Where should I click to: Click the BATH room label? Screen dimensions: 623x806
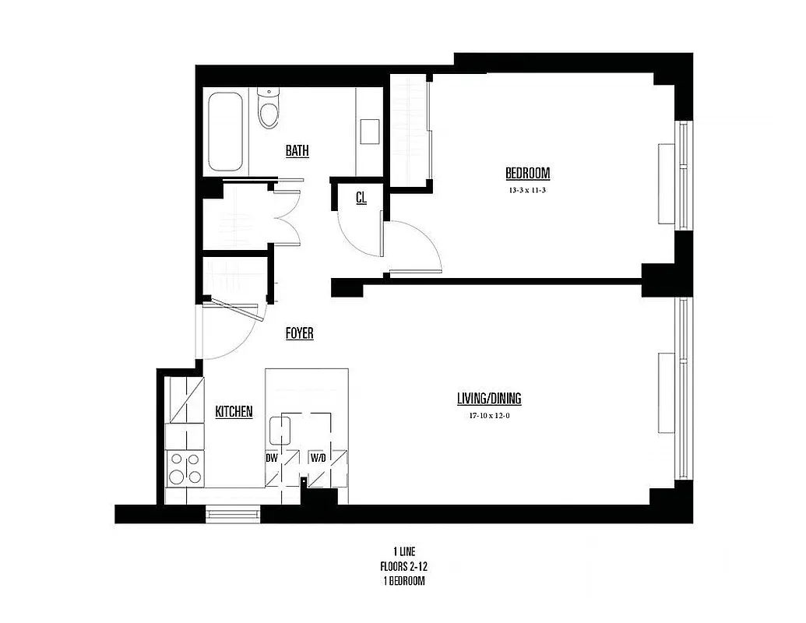297,150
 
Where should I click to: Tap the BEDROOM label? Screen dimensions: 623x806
527,173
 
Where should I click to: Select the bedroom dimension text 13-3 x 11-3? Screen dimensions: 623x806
527,190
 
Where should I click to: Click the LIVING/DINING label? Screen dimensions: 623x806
488,399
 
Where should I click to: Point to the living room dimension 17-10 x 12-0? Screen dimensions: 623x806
488,416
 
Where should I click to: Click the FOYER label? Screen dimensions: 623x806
299,333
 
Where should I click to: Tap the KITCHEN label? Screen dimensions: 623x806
234,411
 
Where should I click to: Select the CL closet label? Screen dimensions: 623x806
361,198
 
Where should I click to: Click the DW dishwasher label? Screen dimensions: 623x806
272,458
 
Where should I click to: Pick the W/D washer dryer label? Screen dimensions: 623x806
318,458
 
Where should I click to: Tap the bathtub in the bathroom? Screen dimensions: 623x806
226,132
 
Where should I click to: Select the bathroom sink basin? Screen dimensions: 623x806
369,131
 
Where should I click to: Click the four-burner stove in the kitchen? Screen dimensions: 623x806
185,468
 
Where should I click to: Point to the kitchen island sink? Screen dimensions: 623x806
280,430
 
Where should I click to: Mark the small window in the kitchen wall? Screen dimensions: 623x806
233,513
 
